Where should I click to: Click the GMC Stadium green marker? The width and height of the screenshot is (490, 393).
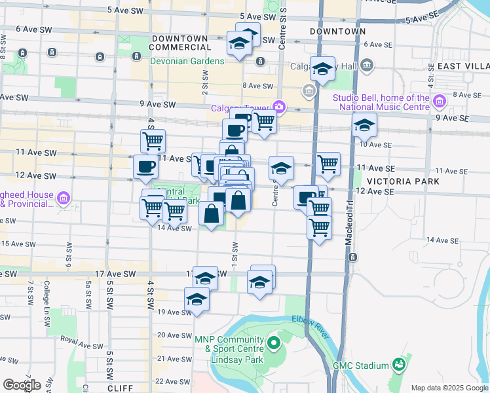(x=398, y=364)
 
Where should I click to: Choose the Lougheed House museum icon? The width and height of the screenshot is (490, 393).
(x=64, y=198)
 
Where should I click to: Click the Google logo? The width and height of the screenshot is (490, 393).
(x=22, y=385)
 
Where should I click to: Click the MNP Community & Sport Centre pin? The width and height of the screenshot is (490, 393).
(x=274, y=342)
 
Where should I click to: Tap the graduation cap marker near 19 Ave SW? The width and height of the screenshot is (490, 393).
(x=197, y=299)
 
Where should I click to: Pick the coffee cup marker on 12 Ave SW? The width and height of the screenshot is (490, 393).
(x=145, y=166)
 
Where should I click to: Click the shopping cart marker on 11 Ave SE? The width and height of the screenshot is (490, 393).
(x=328, y=164)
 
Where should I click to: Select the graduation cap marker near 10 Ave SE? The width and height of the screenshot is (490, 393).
(x=364, y=124)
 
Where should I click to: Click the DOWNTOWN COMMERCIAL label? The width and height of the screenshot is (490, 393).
(x=181, y=43)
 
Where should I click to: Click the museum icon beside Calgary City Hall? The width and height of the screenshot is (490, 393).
(x=366, y=64)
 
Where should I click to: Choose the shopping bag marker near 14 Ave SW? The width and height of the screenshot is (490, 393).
(x=211, y=214)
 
